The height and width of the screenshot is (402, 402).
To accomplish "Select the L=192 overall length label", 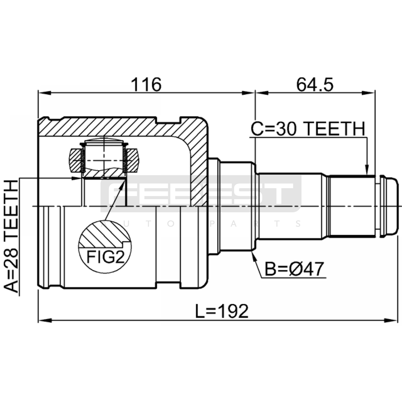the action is (x=222, y=311).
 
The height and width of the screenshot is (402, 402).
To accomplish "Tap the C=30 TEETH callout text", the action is (x=308, y=129).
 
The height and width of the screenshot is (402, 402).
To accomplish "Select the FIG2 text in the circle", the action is (x=106, y=257).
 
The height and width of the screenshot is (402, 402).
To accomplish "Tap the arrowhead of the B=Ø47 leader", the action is (x=253, y=256).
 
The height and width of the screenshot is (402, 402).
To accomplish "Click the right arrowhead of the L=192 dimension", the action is (x=392, y=321).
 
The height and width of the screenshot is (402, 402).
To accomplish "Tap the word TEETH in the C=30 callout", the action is (x=335, y=129).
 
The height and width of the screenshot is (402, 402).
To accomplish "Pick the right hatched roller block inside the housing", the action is (x=132, y=161).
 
